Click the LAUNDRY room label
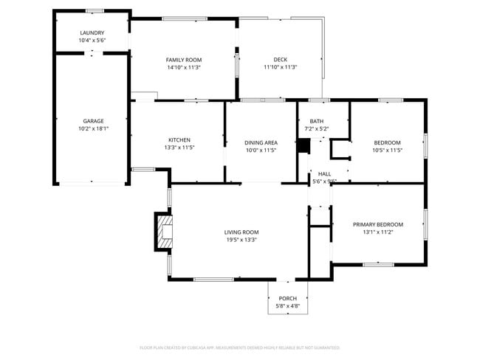click(92, 33)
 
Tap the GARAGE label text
click(93, 121)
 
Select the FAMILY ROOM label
click(184, 60)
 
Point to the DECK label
click(280, 60)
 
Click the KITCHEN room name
click(179, 140)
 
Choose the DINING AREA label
click(261, 142)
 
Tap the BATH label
click(316, 122)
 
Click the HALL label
click(324, 174)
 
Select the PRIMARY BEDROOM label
click(378, 224)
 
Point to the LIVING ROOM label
click(241, 232)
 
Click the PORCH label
click(287, 299)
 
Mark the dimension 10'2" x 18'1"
click(93, 128)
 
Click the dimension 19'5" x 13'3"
click(241, 239)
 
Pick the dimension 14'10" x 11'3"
click(184, 67)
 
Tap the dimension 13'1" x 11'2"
click(378, 232)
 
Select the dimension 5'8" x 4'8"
click(287, 305)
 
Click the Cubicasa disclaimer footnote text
click(240, 347)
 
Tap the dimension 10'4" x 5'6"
click(92, 40)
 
